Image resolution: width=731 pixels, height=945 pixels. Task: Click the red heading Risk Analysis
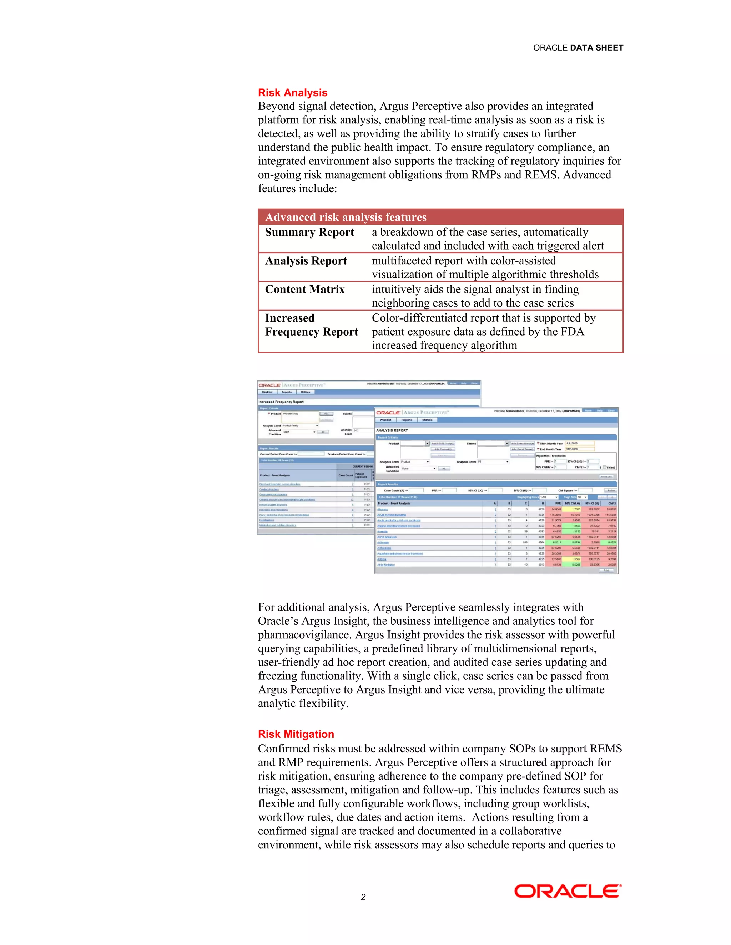[292, 93]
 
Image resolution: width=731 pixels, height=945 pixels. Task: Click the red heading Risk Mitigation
[296, 734]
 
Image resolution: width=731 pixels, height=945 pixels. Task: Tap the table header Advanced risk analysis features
[345, 217]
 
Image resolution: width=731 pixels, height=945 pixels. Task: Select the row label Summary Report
[309, 233]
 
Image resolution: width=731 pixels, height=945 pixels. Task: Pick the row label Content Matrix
[304, 290]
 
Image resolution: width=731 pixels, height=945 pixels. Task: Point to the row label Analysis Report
[306, 261]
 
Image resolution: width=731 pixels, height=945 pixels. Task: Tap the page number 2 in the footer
[363, 897]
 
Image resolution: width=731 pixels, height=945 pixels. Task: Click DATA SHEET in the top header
[596, 47]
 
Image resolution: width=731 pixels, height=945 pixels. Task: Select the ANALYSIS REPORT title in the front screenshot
[392, 430]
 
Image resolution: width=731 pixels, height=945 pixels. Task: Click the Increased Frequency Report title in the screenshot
[281, 402]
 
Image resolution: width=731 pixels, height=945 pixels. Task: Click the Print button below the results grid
[606, 570]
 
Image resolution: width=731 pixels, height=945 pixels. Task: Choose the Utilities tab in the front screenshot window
[427, 420]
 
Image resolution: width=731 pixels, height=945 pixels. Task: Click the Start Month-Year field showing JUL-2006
[579, 443]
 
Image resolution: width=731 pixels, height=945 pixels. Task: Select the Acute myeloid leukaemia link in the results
[392, 515]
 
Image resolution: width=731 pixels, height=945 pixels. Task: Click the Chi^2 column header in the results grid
[611, 503]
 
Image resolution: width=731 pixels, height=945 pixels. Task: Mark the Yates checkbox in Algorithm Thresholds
[605, 467]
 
